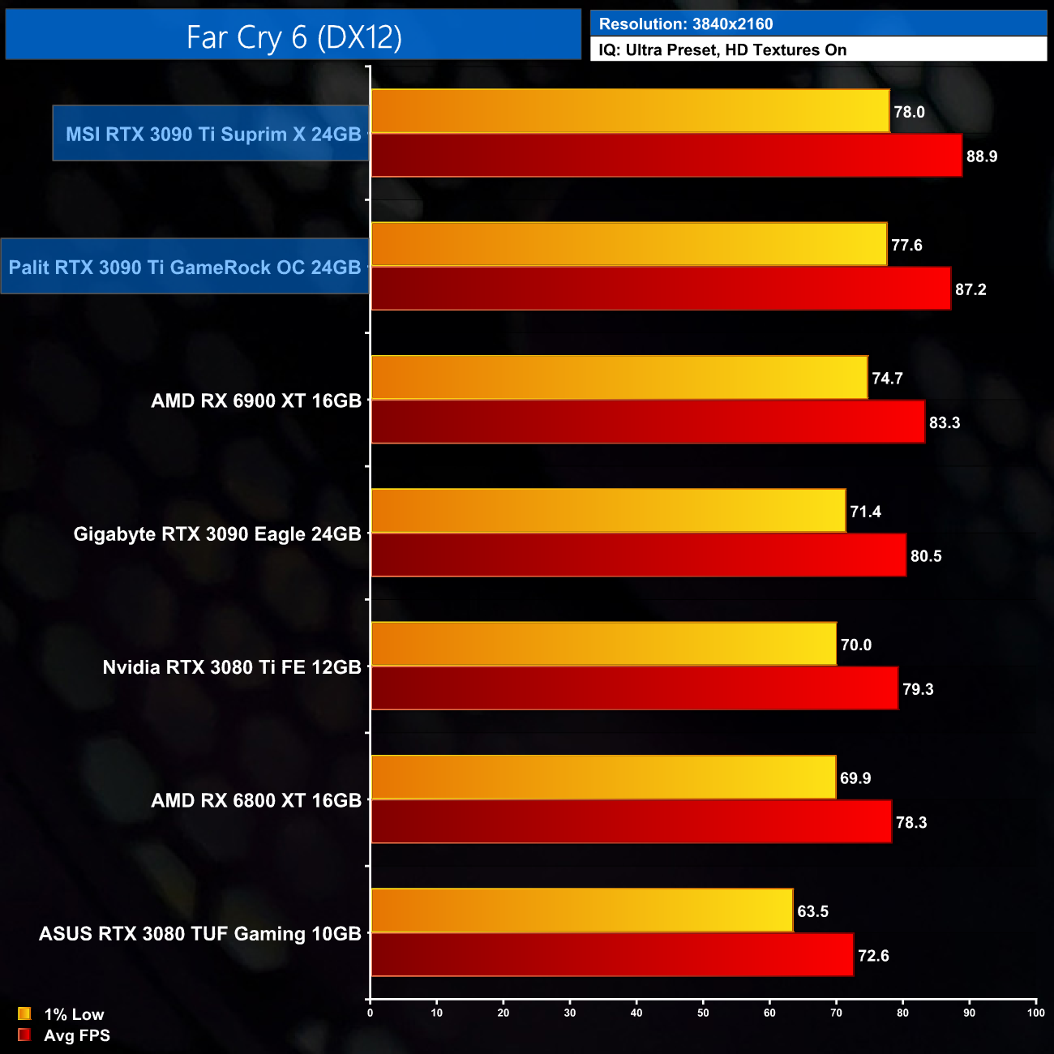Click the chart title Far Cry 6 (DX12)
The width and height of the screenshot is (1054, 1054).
coord(293,36)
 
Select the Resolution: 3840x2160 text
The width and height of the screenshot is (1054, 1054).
coord(685,24)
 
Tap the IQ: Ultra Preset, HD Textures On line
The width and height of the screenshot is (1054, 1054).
coord(722,50)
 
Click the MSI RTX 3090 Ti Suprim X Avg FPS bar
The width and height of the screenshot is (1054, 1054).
coord(666,156)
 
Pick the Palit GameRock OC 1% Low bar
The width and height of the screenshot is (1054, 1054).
coord(628,244)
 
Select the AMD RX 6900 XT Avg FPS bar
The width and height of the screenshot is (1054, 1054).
coord(647,422)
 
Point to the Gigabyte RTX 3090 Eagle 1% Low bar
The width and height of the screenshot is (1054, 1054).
coord(608,511)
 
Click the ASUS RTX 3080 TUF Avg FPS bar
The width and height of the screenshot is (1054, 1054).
coord(611,955)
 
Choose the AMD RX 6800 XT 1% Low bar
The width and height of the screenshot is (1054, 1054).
coord(602,778)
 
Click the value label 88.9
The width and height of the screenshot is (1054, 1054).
coord(981,156)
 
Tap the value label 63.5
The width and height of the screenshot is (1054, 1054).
coord(812,911)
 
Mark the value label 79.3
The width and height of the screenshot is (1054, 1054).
coord(918,689)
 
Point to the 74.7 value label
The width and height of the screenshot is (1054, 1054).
coord(887,379)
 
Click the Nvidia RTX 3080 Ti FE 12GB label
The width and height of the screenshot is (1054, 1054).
coord(232,667)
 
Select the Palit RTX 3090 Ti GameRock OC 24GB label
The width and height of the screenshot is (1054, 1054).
coord(185,268)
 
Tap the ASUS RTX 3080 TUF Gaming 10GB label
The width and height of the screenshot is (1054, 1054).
coord(200,934)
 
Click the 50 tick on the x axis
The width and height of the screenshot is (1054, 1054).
coord(703,1013)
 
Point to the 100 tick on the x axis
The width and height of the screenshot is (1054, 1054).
coord(1035,1013)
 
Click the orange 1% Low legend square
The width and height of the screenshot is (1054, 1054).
coord(24,1013)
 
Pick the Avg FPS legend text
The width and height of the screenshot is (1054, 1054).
coord(77,1035)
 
